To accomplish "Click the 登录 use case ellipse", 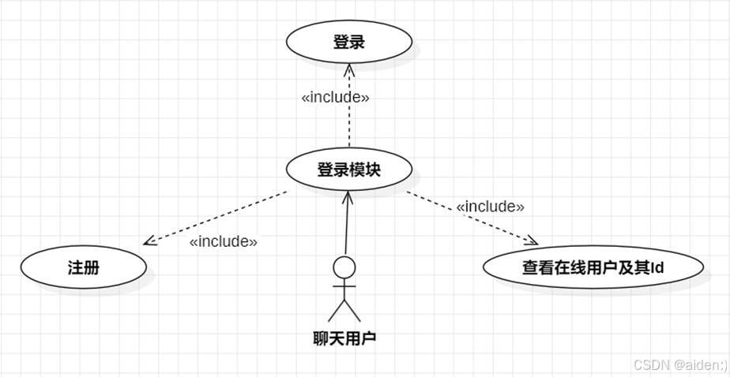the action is point(349,43).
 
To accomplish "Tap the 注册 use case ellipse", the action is point(84,267).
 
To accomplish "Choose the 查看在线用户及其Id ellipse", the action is point(592,267).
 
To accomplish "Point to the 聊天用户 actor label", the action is point(344,339).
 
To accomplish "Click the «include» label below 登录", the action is point(336,98).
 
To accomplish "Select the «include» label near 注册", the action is point(224,241).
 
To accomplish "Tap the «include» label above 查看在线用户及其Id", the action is point(491,207).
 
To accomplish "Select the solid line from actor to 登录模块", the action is point(345,229).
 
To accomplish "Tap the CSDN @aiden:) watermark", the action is point(680,364).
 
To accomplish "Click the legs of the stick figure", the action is point(344,309).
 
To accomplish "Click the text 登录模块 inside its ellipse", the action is point(349,169).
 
